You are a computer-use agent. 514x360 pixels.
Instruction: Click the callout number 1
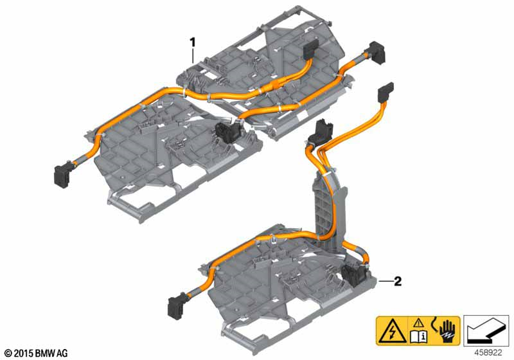click(193, 42)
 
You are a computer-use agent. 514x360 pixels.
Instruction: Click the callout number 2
click(398, 282)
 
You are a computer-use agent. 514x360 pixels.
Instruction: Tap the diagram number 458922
click(488, 352)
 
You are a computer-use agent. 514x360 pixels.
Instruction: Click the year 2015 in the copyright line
click(23, 353)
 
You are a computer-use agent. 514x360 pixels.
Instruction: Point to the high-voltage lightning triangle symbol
click(392, 331)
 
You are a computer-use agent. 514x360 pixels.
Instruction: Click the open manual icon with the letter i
click(418, 336)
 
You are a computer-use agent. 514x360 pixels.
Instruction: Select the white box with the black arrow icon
click(486, 331)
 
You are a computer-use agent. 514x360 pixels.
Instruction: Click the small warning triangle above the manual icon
click(418, 323)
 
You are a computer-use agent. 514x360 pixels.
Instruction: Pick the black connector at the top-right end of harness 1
click(377, 53)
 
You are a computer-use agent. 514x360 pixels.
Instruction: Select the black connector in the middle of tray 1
click(226, 132)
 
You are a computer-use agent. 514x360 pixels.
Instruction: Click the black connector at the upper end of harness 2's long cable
click(385, 92)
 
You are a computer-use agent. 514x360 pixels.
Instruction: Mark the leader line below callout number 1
click(193, 56)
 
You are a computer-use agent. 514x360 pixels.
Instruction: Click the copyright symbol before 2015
click(9, 354)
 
